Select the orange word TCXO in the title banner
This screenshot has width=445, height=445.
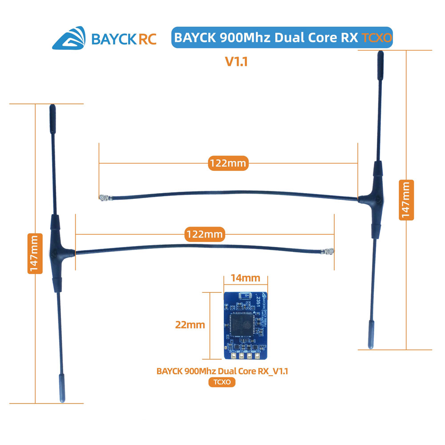tap(377, 38)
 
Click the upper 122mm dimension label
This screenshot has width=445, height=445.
tap(227, 163)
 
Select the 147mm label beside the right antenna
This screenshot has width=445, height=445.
tap(407, 200)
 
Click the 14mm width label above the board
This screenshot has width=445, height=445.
tap(245, 278)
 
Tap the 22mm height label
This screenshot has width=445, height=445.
tap(190, 325)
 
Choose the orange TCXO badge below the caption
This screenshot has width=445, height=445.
tap(222, 382)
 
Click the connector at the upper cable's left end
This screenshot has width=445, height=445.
tap(103, 197)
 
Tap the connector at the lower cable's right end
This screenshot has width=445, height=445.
tap(330, 252)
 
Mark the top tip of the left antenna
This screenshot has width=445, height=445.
tap(52, 108)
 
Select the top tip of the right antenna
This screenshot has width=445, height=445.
tap(380, 55)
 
